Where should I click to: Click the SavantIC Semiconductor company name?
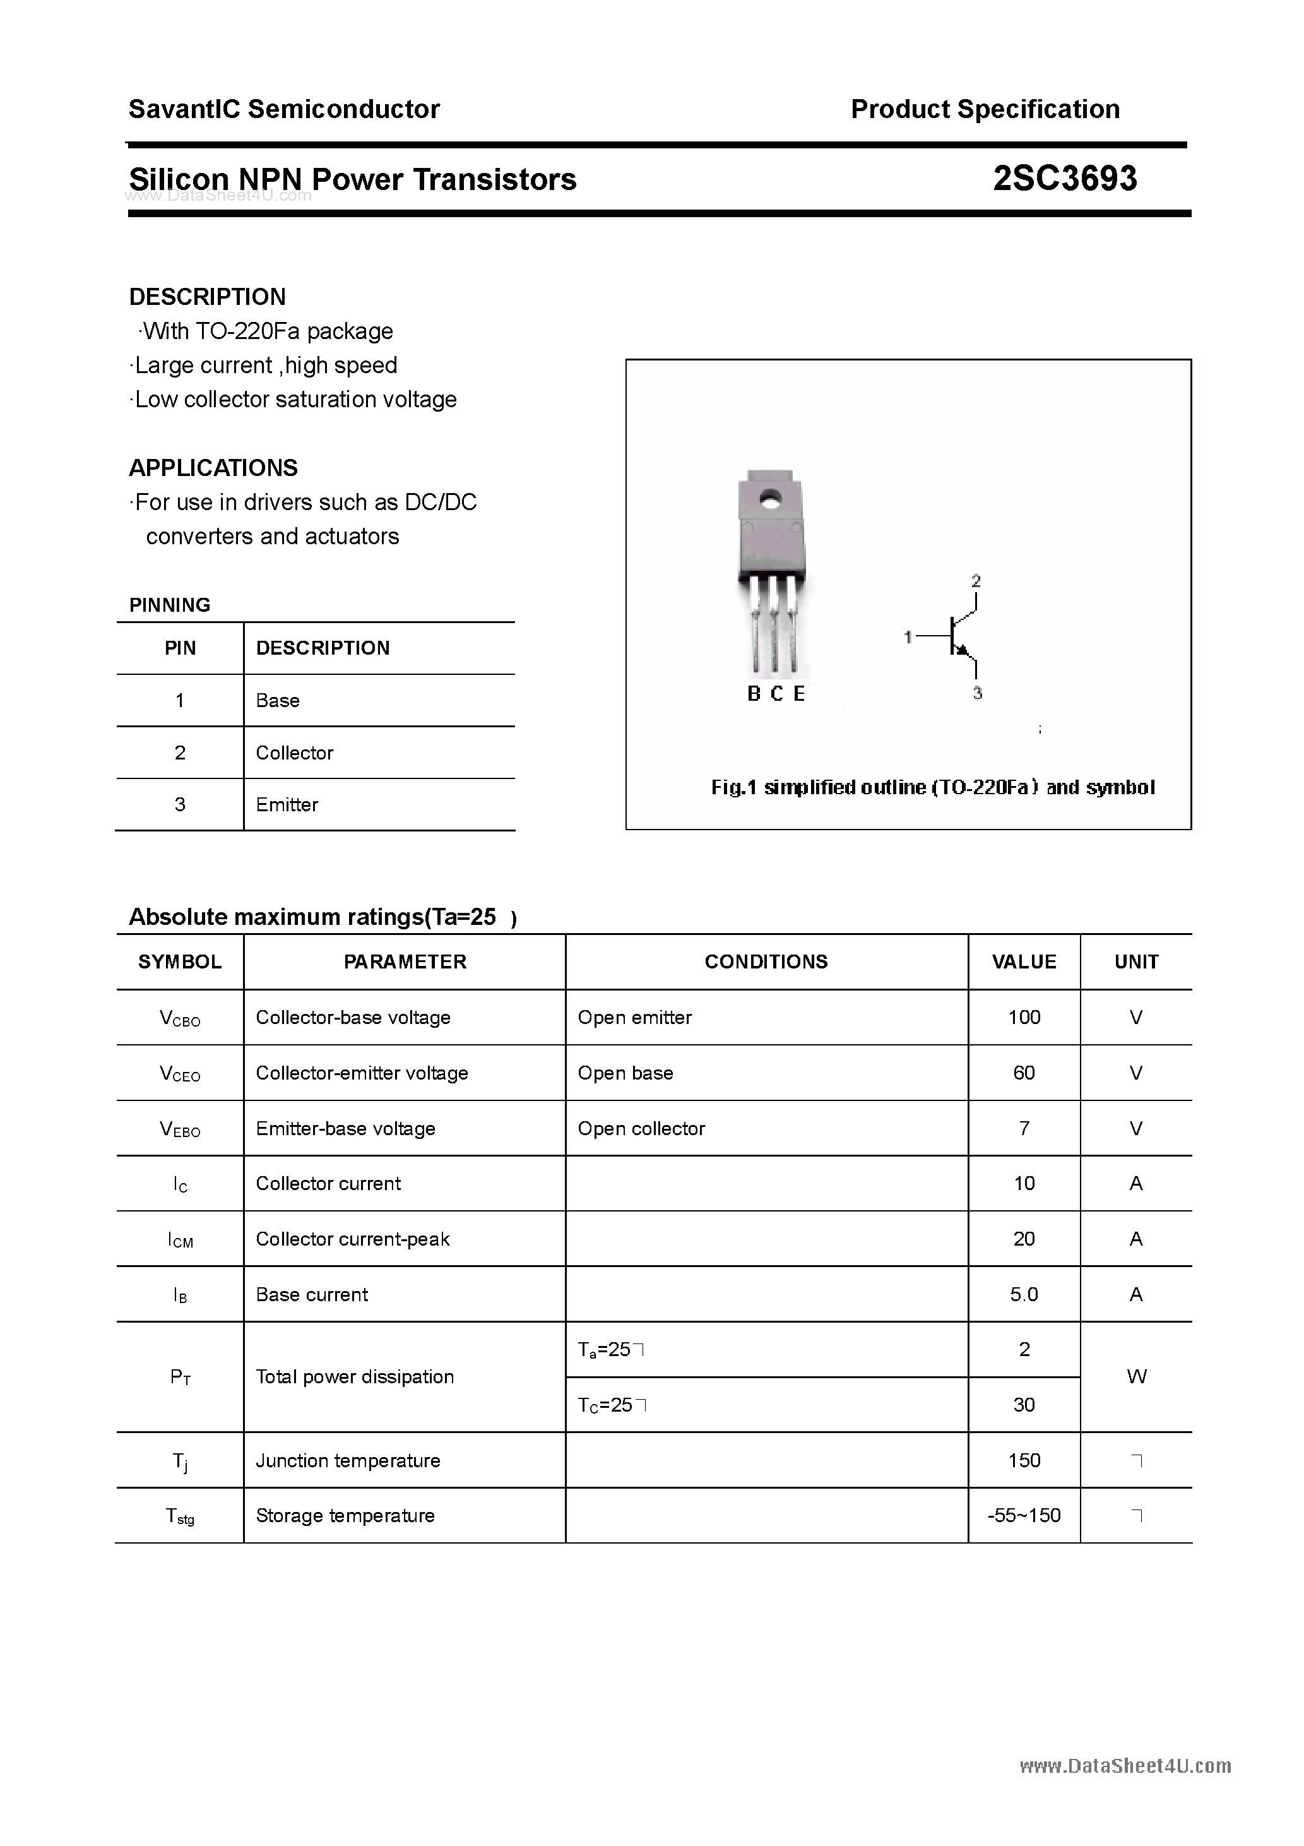tap(284, 109)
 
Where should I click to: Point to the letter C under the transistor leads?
tap(776, 694)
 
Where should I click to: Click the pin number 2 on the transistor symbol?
tap(976, 580)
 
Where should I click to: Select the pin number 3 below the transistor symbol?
tap(978, 693)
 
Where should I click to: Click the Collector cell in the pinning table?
tap(294, 753)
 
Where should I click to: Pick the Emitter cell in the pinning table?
tap(287, 805)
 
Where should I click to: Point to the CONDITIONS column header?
tap(766, 962)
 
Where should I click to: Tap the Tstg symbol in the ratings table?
tap(180, 1516)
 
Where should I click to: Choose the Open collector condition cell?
tap(641, 1128)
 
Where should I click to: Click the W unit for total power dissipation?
tap(1136, 1376)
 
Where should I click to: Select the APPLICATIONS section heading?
tap(213, 468)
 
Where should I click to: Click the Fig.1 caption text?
tap(933, 787)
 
